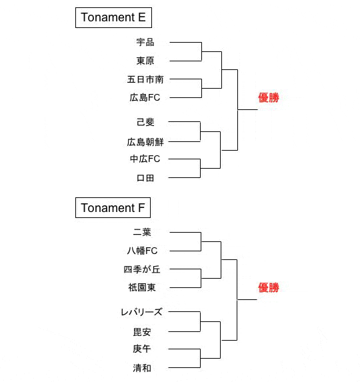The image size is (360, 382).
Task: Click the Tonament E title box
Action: coord(113,17)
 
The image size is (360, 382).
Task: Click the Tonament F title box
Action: coord(113,208)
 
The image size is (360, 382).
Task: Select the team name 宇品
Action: coord(145,42)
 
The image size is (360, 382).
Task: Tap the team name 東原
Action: coord(145,61)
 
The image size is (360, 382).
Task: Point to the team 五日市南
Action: coord(145,79)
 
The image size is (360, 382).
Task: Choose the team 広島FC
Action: coord(145,98)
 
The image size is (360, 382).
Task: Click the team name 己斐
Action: coord(145,122)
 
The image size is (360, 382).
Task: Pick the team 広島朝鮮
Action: coord(145,142)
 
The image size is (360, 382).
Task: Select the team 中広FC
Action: coord(145,159)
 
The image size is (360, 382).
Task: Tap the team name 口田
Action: coord(145,178)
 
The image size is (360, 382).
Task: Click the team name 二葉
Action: coord(142,232)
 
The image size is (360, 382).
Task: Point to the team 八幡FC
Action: coord(142,251)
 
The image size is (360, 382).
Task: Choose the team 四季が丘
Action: coord(142,269)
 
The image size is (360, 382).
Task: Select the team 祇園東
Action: coord(142,288)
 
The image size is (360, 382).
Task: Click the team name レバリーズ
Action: coord(141,312)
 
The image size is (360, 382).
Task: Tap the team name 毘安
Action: coord(142,332)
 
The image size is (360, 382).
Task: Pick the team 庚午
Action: coord(142,349)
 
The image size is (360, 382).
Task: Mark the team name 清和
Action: coord(142,368)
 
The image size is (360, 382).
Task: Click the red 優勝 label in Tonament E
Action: coord(269,98)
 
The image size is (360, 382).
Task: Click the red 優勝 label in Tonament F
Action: coord(269,288)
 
